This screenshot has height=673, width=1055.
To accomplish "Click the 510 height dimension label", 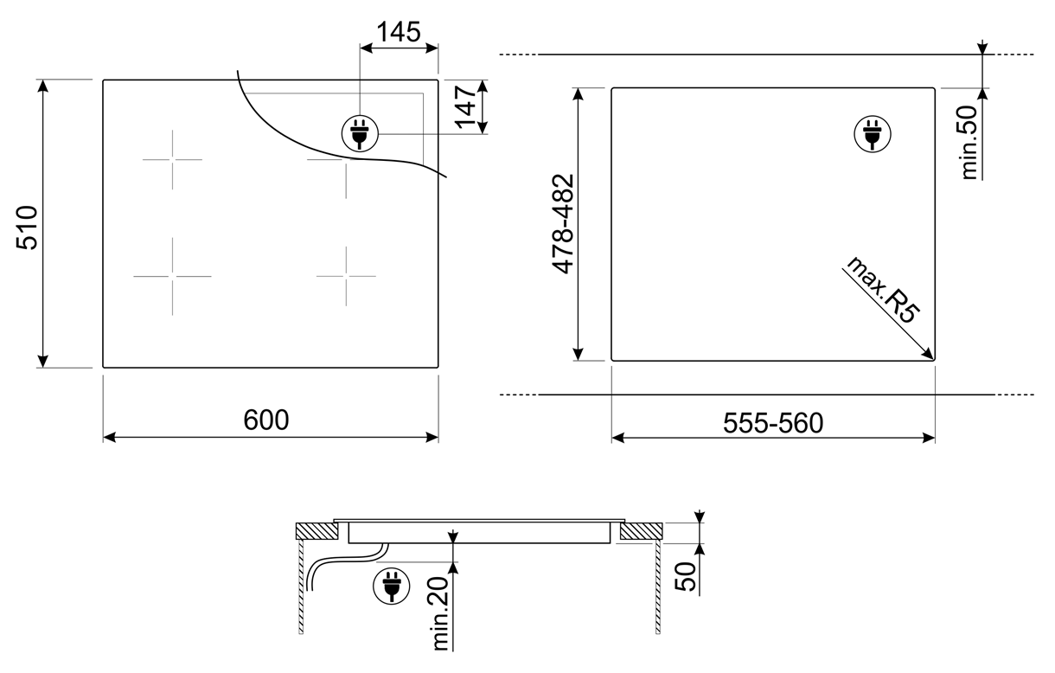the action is point(27,228).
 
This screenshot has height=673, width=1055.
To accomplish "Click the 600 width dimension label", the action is point(266,420).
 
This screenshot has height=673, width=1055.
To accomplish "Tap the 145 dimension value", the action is point(399,32).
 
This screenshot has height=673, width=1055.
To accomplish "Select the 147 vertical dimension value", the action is point(466,106).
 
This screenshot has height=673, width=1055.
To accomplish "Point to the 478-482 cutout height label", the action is point(563,224).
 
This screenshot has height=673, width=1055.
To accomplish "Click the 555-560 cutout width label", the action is point(773,423).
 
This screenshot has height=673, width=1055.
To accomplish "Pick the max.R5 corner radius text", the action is point(882,291).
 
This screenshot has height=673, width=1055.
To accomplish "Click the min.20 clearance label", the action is point(441,613).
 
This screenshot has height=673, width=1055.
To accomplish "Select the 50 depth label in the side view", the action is point(686,577).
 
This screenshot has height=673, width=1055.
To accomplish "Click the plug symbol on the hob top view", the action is point(360,134).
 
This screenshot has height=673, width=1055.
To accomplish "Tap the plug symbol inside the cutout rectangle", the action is point(873,134).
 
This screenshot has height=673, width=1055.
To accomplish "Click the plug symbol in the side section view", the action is point(392,586).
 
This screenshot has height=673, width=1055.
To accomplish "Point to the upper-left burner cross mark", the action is point(172,160).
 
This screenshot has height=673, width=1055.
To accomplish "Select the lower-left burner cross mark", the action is point(172,276).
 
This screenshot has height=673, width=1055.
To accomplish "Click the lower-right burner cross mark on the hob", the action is point(346,276).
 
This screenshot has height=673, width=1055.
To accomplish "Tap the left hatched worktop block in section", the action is point(316,531).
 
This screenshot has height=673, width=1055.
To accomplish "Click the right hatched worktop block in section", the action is point(641,531).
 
